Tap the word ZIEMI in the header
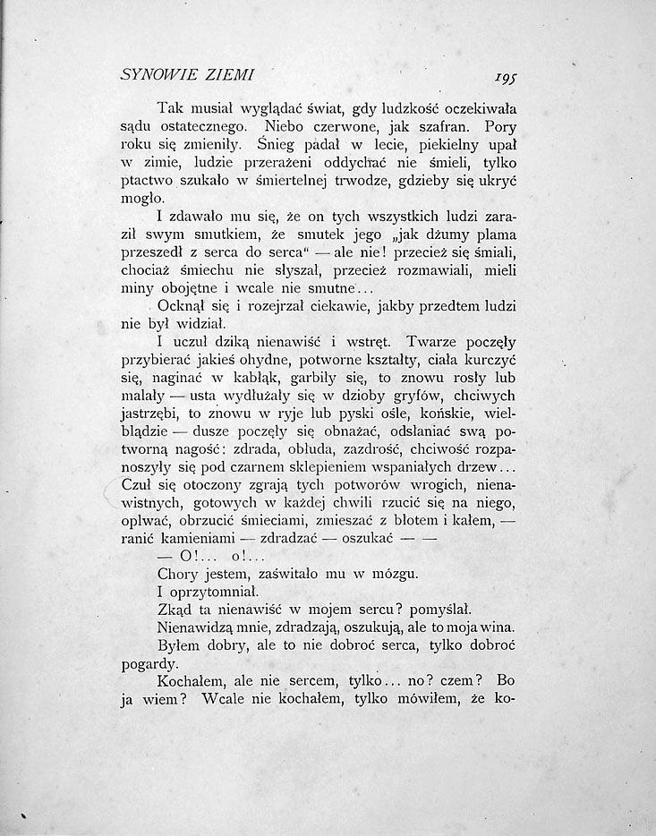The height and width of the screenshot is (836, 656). click(x=231, y=73)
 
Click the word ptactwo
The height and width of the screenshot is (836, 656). click(x=146, y=180)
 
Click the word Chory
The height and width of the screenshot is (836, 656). click(x=177, y=575)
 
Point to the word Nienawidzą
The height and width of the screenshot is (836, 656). click(x=200, y=628)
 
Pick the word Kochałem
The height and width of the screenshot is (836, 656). click(x=192, y=682)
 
